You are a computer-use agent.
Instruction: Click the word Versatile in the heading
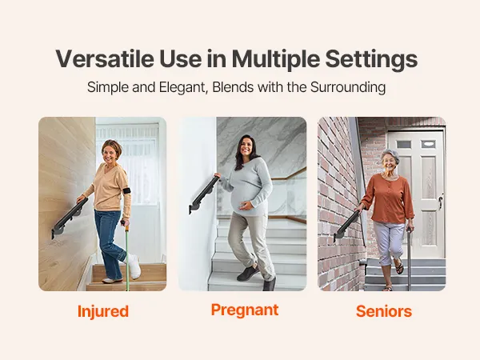(x=105, y=58)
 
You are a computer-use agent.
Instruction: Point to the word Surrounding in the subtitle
(x=348, y=87)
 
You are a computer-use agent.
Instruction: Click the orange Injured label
(x=103, y=312)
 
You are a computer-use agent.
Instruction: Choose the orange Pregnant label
(x=245, y=310)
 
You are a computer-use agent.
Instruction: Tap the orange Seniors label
(x=384, y=311)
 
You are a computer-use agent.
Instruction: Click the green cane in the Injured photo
(x=126, y=257)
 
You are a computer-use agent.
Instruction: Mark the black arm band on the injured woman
(x=126, y=190)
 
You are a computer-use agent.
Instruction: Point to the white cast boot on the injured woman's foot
(x=134, y=266)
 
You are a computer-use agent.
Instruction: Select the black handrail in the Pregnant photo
(x=204, y=194)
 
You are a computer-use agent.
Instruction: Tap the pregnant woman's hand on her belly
(x=246, y=206)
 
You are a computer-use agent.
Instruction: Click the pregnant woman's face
(x=246, y=146)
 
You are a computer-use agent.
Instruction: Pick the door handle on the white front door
(x=440, y=200)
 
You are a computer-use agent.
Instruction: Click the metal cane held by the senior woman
(x=409, y=258)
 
